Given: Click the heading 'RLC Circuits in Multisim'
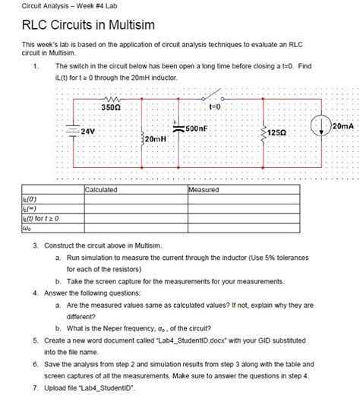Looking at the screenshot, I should [88, 26].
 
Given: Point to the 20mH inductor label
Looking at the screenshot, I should [153, 141].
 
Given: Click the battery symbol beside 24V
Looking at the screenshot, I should [73, 131].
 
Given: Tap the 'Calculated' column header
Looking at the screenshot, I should [102, 189].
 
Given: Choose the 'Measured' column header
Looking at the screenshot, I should [204, 189].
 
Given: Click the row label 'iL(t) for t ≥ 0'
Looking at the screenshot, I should [30, 219].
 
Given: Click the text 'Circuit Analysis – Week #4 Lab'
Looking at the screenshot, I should [50, 7].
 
